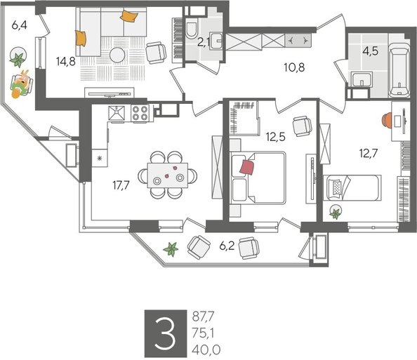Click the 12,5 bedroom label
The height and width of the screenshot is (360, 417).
pyautogui.click(x=276, y=138)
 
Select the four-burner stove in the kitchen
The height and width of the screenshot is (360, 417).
pyautogui.click(x=139, y=113)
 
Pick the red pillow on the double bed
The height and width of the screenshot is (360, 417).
pyautogui.click(x=246, y=167)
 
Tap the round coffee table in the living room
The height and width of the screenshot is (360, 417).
pyautogui.click(x=119, y=55)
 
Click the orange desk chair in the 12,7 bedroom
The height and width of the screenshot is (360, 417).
pyautogui.click(x=387, y=119)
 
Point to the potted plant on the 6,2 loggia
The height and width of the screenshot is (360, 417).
pyautogui.click(x=170, y=248)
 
